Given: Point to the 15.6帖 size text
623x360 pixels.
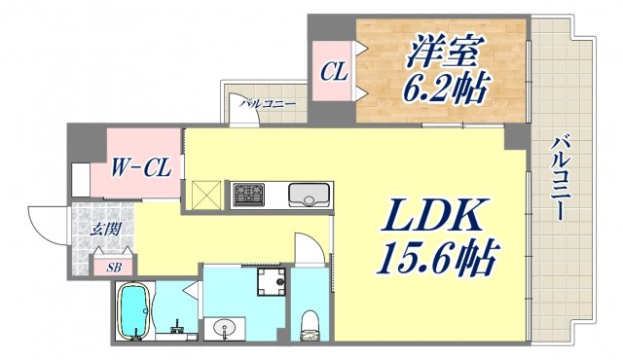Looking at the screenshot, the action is pos(436,259).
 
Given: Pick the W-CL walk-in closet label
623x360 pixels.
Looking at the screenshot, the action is pos(142,167).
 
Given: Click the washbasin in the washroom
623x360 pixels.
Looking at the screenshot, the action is pos(227,326).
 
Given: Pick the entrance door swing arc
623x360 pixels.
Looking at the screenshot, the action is pos(44,222).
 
